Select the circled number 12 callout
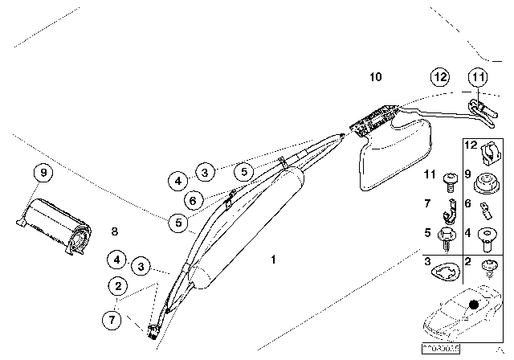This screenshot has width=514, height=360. point(439,78)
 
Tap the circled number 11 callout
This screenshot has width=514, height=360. point(479,78)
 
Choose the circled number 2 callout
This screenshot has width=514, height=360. point(119,285)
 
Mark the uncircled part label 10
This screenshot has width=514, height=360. point(377,77)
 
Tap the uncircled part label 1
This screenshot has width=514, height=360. point(273,260)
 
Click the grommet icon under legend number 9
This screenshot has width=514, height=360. point(486,184)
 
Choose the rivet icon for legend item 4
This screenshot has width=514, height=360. point(487,239)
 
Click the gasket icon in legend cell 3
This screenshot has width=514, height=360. point(441,272)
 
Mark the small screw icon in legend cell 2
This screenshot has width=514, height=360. point(487,268)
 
